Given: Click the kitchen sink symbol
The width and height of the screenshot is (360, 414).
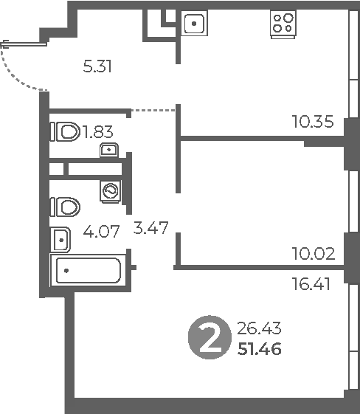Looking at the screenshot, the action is [194, 23].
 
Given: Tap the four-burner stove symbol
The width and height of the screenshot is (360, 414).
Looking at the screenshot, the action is [283, 24].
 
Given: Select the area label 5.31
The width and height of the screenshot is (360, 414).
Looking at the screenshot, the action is [97, 66].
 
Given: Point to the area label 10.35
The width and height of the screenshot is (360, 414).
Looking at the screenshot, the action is [313, 122].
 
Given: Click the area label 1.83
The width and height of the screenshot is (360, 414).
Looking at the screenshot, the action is [98, 132].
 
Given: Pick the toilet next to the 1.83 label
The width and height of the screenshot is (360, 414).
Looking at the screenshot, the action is [65, 131].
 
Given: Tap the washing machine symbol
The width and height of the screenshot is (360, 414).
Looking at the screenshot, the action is [111, 192].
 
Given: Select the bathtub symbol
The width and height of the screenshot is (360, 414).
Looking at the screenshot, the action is [89, 270].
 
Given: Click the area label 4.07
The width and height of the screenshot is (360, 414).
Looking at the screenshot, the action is [101, 232].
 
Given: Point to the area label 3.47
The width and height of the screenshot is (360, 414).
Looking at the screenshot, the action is [150, 228].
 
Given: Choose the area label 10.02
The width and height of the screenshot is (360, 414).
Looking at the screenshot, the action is [314, 254].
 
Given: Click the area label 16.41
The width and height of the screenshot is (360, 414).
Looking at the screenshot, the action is [311, 284].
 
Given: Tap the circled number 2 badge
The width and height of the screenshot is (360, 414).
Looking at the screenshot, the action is [210, 337].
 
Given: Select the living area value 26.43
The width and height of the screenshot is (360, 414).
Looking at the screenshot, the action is [259, 328].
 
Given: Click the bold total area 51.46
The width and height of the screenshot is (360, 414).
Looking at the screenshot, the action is [260, 349].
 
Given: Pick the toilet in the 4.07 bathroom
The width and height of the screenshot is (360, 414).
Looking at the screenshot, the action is [65, 207].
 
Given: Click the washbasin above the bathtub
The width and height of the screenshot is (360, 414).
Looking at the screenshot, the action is [60, 240].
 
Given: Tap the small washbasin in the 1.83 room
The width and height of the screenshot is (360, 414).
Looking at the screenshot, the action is [109, 150].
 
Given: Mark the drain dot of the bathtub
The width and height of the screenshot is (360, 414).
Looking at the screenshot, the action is [66, 271].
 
